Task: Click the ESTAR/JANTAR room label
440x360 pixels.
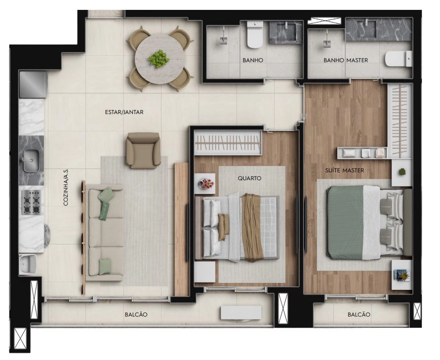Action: tap(124, 112)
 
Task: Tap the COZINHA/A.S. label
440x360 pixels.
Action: tap(66, 187)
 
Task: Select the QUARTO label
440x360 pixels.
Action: tap(249, 178)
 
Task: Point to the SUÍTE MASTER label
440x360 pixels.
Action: tap(345, 170)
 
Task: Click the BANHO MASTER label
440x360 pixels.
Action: tap(346, 60)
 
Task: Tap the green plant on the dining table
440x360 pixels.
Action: tap(159, 59)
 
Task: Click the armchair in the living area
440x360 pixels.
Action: tap(143, 151)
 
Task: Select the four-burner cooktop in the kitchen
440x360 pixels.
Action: tap(32, 202)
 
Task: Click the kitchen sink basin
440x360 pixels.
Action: tap(32, 160)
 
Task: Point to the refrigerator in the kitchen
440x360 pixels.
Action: tap(33, 84)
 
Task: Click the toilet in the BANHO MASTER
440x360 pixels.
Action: tap(399, 59)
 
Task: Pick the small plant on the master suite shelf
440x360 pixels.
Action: tap(402, 171)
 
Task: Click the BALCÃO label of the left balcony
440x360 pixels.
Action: tap(136, 315)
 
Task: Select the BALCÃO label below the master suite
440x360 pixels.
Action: tap(359, 315)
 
